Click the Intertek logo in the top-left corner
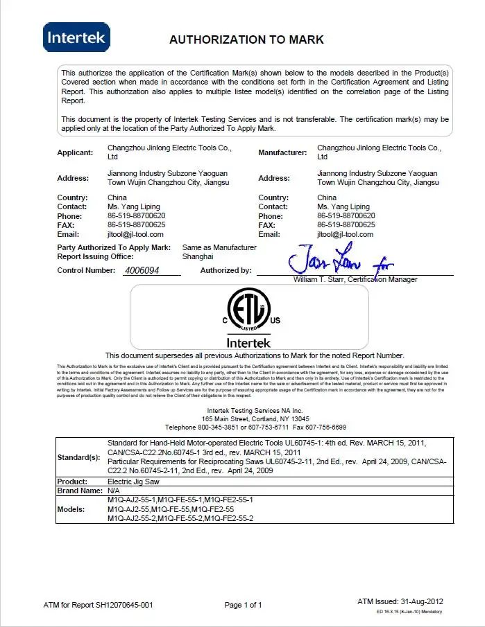76,37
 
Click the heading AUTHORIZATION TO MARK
246,40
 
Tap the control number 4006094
141,271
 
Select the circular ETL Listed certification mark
250,311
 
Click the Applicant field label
75,152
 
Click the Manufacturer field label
282,152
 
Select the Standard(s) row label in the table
78,457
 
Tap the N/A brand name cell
114,491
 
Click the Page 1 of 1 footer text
244,606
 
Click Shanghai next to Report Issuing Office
198,256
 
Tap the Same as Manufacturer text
219,247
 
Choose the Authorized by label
226,271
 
